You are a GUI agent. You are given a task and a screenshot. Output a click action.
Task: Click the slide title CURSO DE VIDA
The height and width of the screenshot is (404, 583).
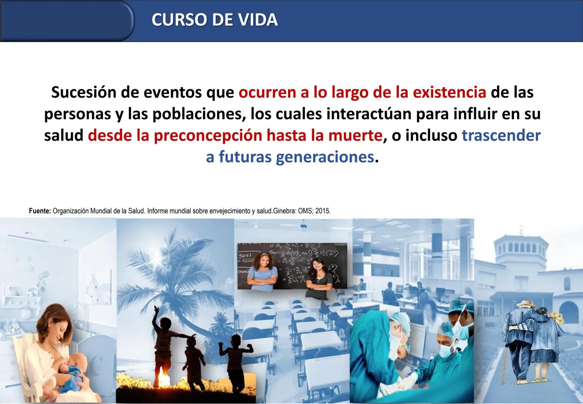(x=215, y=20)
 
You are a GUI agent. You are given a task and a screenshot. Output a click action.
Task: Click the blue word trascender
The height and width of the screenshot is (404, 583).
(x=501, y=135)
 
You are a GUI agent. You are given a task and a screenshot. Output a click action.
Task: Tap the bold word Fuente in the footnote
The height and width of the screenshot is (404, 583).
(x=40, y=211)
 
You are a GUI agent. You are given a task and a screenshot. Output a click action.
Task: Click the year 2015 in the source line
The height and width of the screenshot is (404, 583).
(x=323, y=211)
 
